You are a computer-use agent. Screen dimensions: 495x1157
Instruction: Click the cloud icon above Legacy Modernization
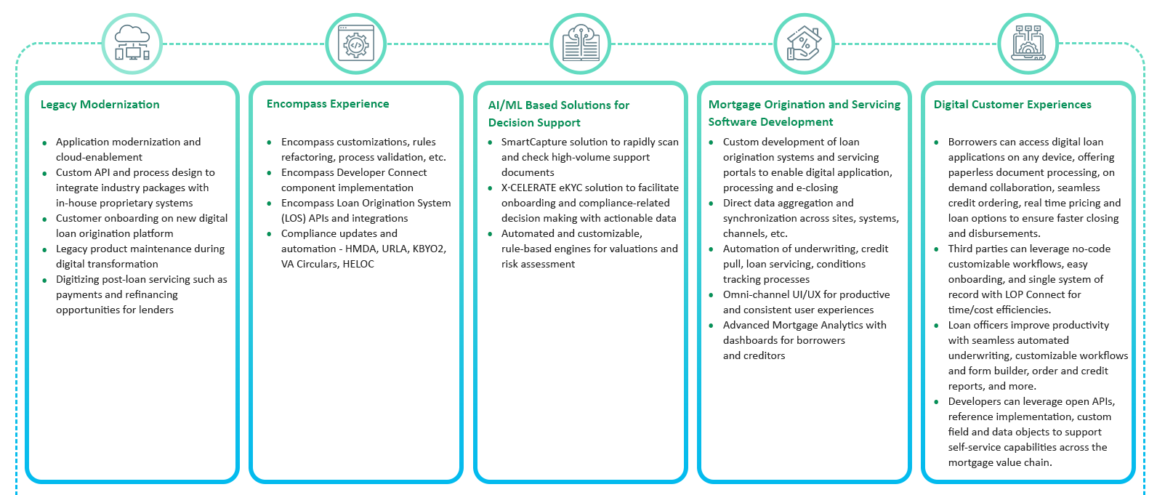(132, 44)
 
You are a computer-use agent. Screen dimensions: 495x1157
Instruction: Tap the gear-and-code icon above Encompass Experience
(355, 44)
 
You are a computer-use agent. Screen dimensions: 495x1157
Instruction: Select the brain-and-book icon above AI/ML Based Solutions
(580, 44)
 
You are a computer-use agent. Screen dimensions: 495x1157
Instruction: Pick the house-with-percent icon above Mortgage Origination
(804, 44)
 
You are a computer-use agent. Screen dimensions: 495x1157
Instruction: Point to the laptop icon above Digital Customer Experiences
(1028, 44)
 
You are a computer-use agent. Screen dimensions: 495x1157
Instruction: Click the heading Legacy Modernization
(100, 105)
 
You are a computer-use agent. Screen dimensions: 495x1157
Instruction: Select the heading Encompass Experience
(328, 104)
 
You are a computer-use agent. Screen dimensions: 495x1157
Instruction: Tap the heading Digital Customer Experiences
(1012, 105)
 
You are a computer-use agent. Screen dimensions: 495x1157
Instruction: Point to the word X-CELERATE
(528, 188)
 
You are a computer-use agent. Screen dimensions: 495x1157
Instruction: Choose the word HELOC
(358, 264)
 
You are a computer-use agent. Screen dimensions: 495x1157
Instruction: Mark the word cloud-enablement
(99, 157)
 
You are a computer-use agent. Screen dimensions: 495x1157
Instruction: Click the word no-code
(1089, 249)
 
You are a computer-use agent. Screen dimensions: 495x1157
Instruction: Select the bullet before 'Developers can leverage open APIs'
(936, 402)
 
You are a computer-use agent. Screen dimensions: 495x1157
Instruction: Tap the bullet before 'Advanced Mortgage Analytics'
(711, 326)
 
